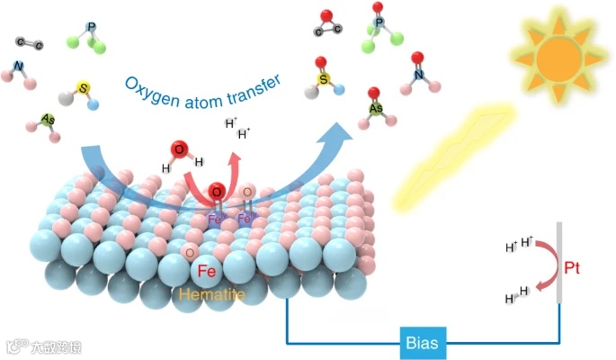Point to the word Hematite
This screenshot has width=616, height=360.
[209, 293]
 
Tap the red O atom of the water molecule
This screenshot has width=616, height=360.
[178, 149]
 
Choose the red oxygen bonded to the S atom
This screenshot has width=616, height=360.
[320, 63]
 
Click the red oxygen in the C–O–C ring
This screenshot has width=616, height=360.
[329, 14]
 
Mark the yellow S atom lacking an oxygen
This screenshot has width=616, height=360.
[84, 88]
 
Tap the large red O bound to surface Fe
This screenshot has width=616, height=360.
[217, 192]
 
